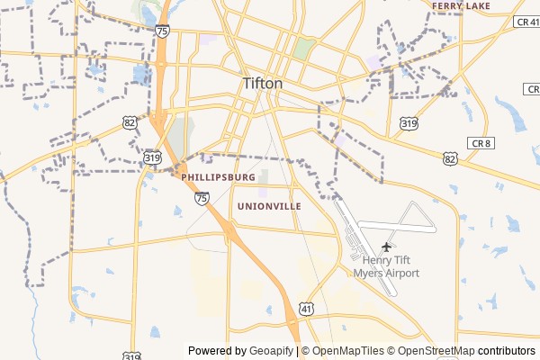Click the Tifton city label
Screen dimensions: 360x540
[262, 84]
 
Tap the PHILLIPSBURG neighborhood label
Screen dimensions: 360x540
[218, 177]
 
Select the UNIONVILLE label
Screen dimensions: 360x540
[269, 206]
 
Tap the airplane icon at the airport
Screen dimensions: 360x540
[388, 246]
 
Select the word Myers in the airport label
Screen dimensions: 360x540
[369, 273]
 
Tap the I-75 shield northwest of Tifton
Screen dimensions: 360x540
[161, 31]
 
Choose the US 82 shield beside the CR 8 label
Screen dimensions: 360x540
[450, 158]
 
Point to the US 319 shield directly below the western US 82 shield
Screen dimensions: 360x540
[152, 157]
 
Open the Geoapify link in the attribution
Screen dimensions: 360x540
[270, 351]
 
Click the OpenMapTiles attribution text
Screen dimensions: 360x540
[347, 351]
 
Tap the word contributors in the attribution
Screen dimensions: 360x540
[507, 351]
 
